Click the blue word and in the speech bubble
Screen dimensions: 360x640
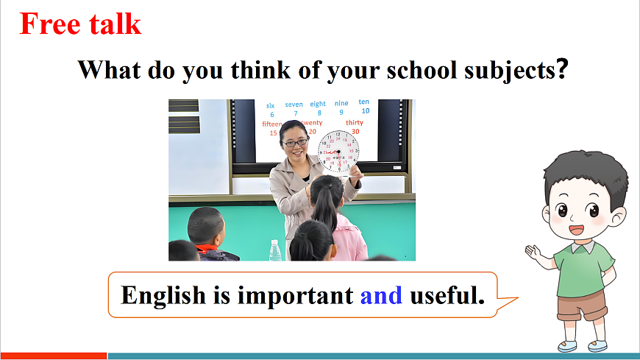(381, 295)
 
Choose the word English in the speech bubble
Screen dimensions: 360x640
(164, 295)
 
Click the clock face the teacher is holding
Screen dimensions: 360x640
(338, 152)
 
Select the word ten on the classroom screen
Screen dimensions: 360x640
(364, 102)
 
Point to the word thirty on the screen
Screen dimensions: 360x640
(354, 123)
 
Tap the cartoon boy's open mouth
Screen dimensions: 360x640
(577, 229)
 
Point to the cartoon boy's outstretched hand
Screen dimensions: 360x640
(532, 252)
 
